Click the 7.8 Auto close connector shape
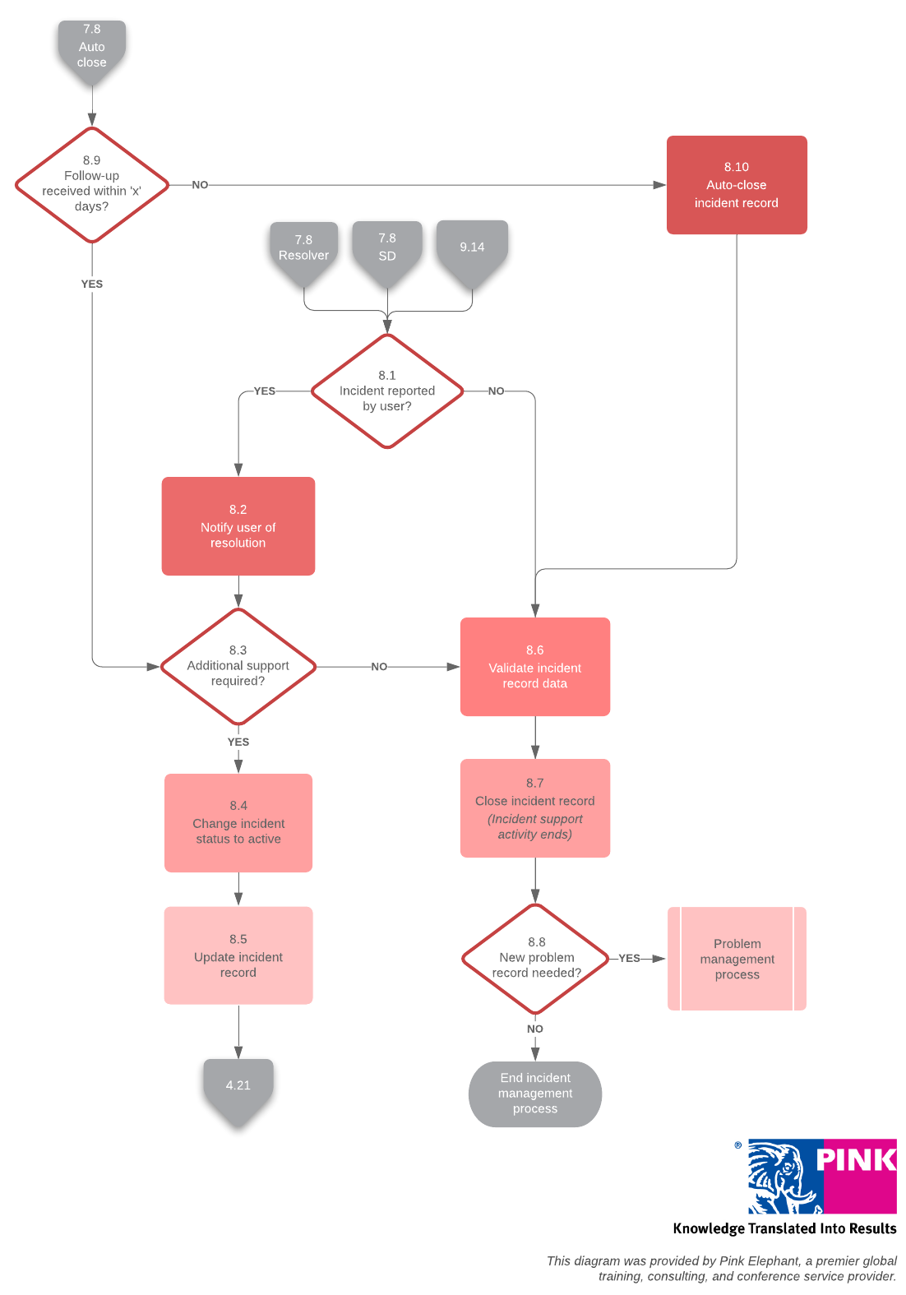[91, 48]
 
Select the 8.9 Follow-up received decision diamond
[91, 184]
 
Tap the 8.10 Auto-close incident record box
[736, 185]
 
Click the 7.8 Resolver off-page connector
[303, 249]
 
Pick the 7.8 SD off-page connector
[387, 248]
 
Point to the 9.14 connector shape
[472, 247]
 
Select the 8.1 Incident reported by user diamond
[386, 391]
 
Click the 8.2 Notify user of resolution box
[238, 526]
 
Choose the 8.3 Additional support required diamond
[238, 666]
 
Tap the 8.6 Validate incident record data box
[534, 667]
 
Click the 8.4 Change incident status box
[238, 822]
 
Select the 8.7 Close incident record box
[534, 808]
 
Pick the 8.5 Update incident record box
[238, 955]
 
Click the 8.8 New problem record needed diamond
[535, 958]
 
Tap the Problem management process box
[737, 959]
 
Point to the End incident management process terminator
[534, 1094]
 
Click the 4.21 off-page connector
[238, 1087]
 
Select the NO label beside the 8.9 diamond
[200, 185]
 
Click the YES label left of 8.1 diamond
[264, 391]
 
